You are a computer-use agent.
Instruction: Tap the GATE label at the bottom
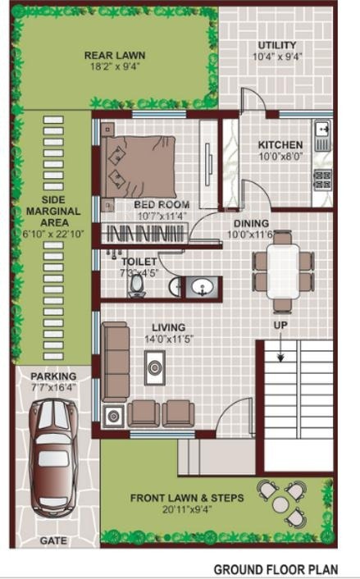point(53,541)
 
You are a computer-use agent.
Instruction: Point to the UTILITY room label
point(277,45)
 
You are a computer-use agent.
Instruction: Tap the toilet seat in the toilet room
point(137,285)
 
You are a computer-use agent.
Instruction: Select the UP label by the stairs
point(280,326)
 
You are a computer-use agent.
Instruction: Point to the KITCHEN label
point(280,144)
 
